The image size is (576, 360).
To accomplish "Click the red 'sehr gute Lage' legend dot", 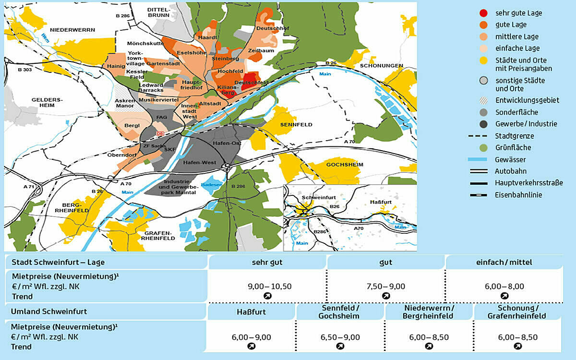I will click(484, 13).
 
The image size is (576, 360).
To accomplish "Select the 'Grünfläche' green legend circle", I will click(484, 147).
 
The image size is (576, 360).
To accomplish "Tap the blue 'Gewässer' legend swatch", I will click(483, 159).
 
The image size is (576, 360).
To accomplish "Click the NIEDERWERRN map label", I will click(73, 30).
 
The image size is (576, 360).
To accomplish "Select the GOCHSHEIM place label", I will click(345, 164).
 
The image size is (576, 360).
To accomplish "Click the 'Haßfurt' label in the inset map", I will click(382, 203).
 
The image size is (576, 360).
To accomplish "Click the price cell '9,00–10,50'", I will click(269, 286).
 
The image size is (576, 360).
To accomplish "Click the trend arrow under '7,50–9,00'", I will click(386, 296).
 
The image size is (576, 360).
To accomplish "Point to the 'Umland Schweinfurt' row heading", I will click(49, 311).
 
